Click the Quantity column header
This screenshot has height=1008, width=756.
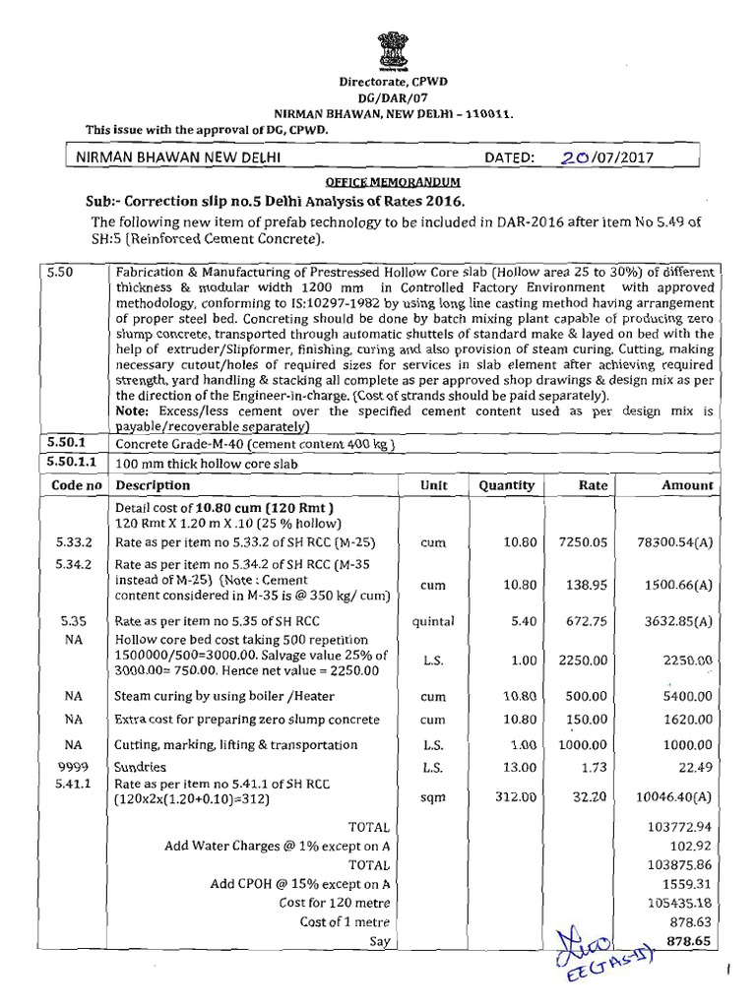(506, 485)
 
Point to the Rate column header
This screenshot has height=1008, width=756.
(593, 485)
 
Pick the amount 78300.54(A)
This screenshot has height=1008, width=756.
(674, 542)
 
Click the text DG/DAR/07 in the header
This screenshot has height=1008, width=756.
(379, 100)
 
